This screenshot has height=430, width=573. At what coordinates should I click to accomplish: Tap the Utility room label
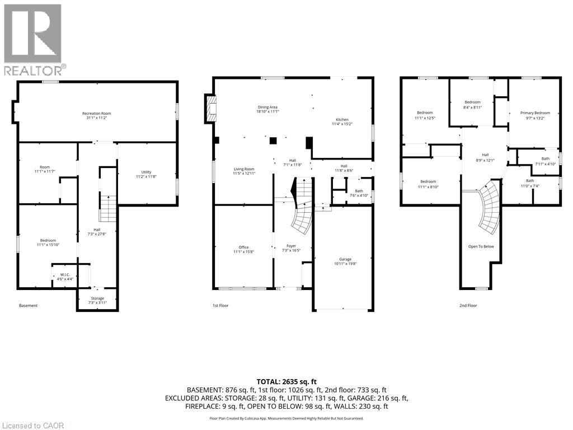point(146,174)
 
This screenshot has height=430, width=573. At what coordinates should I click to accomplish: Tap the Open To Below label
point(481,246)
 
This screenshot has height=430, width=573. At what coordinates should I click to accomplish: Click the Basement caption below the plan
point(29,306)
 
